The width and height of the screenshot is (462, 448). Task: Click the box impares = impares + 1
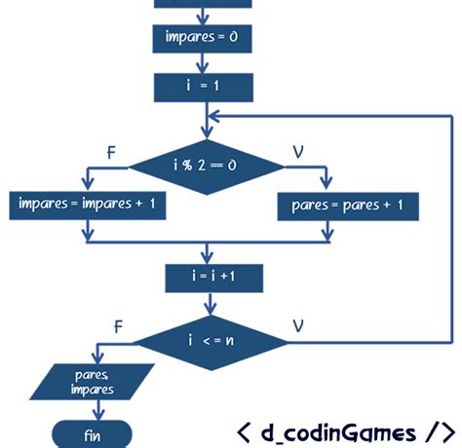pyautogui.click(x=88, y=205)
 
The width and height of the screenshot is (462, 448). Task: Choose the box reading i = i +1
pyautogui.click(x=213, y=278)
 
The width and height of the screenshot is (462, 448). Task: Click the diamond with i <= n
pyautogui.click(x=211, y=340)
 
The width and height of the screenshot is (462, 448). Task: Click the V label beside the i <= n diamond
pyautogui.click(x=301, y=324)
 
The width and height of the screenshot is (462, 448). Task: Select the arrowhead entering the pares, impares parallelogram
pyautogui.click(x=96, y=359)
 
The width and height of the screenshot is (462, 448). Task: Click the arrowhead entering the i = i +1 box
pyautogui.click(x=212, y=258)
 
